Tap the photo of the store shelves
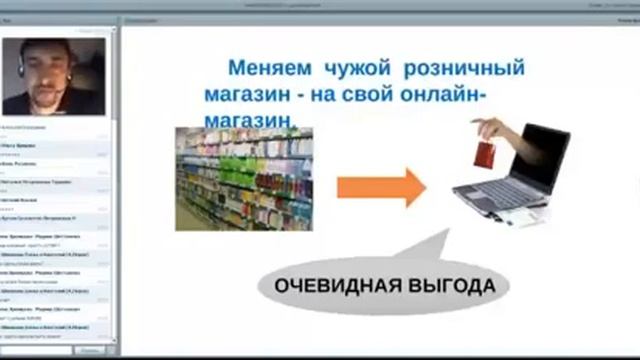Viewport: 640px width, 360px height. pos(244,178)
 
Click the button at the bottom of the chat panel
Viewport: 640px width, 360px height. pos(90,351)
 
